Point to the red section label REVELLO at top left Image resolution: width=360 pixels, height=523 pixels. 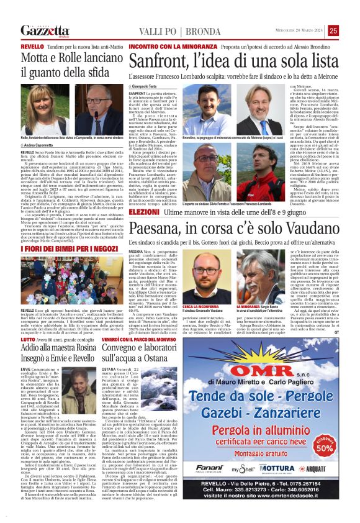(32, 47)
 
